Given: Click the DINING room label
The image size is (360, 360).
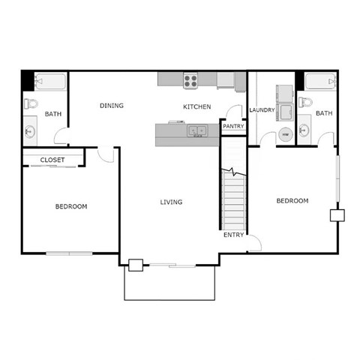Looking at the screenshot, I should pyautogui.click(x=111, y=106).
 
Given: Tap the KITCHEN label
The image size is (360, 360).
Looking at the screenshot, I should pyautogui.click(x=197, y=106).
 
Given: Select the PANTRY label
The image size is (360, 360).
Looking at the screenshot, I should pyautogui.click(x=232, y=127).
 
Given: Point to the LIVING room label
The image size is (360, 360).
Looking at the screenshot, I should pyautogui.click(x=171, y=202).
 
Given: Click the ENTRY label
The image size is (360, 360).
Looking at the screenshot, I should pyautogui.click(x=233, y=235).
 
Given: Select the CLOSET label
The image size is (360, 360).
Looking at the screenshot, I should pyautogui.click(x=52, y=160).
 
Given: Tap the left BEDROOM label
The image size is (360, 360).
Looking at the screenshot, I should pyautogui.click(x=71, y=206).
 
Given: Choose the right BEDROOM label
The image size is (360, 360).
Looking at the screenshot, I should pyautogui.click(x=292, y=200).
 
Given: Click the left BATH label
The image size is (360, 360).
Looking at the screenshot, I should pyautogui.click(x=52, y=114).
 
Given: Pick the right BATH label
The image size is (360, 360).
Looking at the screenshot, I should pyautogui.click(x=323, y=113).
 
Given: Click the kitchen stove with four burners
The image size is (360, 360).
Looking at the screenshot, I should pyautogui.click(x=190, y=79).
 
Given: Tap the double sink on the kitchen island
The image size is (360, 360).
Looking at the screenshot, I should pyautogui.click(x=197, y=131).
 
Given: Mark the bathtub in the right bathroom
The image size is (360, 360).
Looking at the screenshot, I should pyautogui.click(x=322, y=80).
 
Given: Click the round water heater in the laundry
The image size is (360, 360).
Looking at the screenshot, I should pyautogui.click(x=284, y=135).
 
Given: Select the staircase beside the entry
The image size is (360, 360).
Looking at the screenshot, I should pyautogui.click(x=232, y=195).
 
